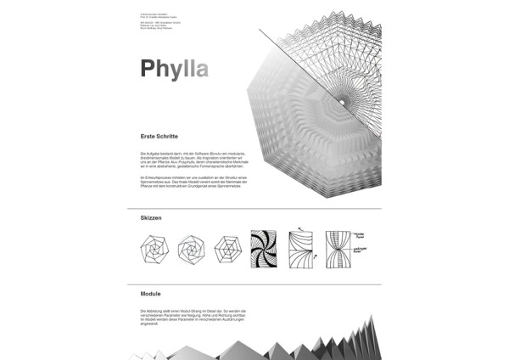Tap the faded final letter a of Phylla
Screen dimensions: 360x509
tap(200, 68)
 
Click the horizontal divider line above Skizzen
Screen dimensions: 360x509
tap(255, 208)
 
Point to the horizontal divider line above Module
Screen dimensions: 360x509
tap(255, 284)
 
